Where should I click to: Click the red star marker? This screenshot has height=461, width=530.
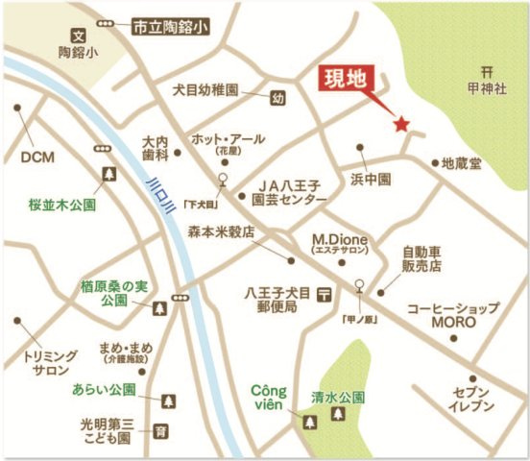pos(401,124)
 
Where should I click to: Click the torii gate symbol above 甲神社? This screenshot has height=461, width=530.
pos(489,69)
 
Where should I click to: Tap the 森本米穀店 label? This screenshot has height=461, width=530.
pos(220,231)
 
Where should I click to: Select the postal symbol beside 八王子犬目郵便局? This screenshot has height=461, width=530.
pos(325,292)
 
